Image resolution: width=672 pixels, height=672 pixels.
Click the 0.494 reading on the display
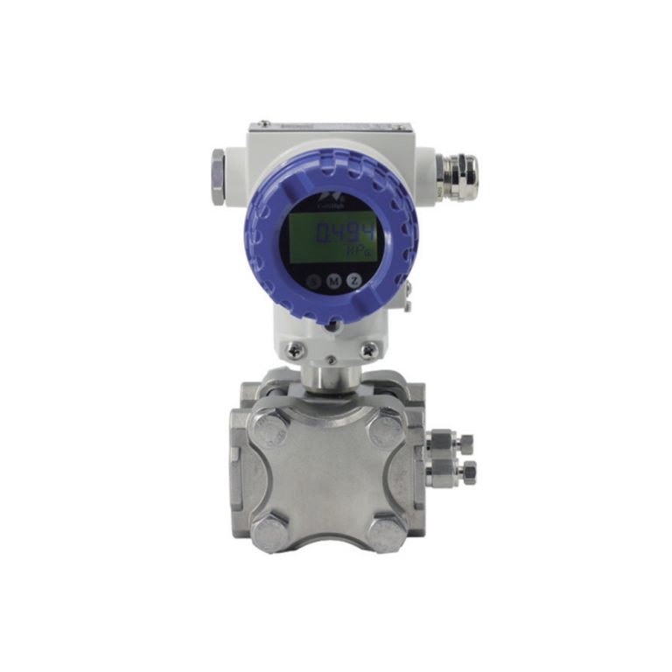coord(344,233)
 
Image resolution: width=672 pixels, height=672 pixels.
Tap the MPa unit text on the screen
coord(357,252)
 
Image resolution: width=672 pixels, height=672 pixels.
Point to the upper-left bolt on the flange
coord(271,429)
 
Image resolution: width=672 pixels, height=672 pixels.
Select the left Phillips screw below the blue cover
coord(295,349)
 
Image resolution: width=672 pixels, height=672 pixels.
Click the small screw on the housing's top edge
coord(260,124)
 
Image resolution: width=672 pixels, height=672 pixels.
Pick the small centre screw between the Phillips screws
coord(331,359)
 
